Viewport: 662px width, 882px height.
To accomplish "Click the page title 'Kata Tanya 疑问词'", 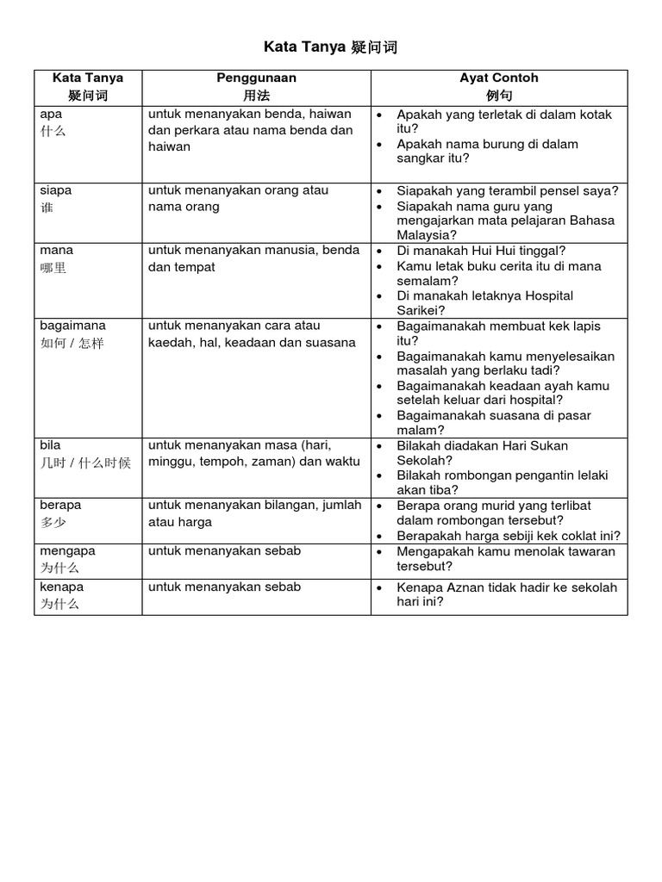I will pos(330,47).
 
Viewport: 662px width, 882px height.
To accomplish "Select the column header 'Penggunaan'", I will pos(256,78).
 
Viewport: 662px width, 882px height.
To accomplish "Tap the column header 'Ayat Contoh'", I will pos(499,78).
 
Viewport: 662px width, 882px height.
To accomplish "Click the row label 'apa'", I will pos(51,114).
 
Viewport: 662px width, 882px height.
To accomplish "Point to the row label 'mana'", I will pos(56,251).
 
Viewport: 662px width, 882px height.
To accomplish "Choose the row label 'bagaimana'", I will pos(72,326).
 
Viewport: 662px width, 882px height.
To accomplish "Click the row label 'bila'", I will pos(51,445).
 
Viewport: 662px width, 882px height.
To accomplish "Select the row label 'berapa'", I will pos(60,505).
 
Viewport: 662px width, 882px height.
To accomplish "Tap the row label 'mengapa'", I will pos(67,550).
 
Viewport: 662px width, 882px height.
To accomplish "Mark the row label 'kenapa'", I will pos(62,587).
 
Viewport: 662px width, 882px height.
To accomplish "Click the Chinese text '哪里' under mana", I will pos(53,269).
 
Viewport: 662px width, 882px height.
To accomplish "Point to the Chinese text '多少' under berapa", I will pos(53,523).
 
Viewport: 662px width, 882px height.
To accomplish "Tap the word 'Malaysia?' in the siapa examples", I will pos(427,235).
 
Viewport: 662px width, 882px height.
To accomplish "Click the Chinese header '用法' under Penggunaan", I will pos(256,96).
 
